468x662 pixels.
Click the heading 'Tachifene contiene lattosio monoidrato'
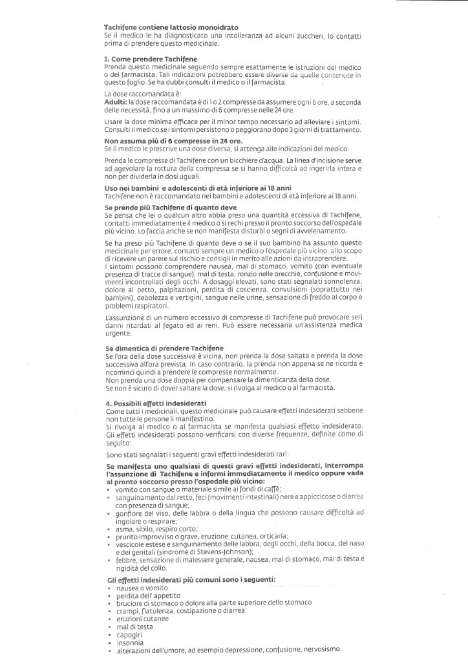pyautogui.click(x=171, y=27)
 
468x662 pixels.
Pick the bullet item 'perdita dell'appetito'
pyautogui.click(x=143, y=595)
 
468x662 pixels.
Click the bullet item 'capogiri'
pyautogui.click(x=127, y=634)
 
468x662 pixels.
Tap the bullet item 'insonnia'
pyautogui.click(x=127, y=642)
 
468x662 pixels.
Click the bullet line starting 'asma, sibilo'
pyautogui.click(x=148, y=528)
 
